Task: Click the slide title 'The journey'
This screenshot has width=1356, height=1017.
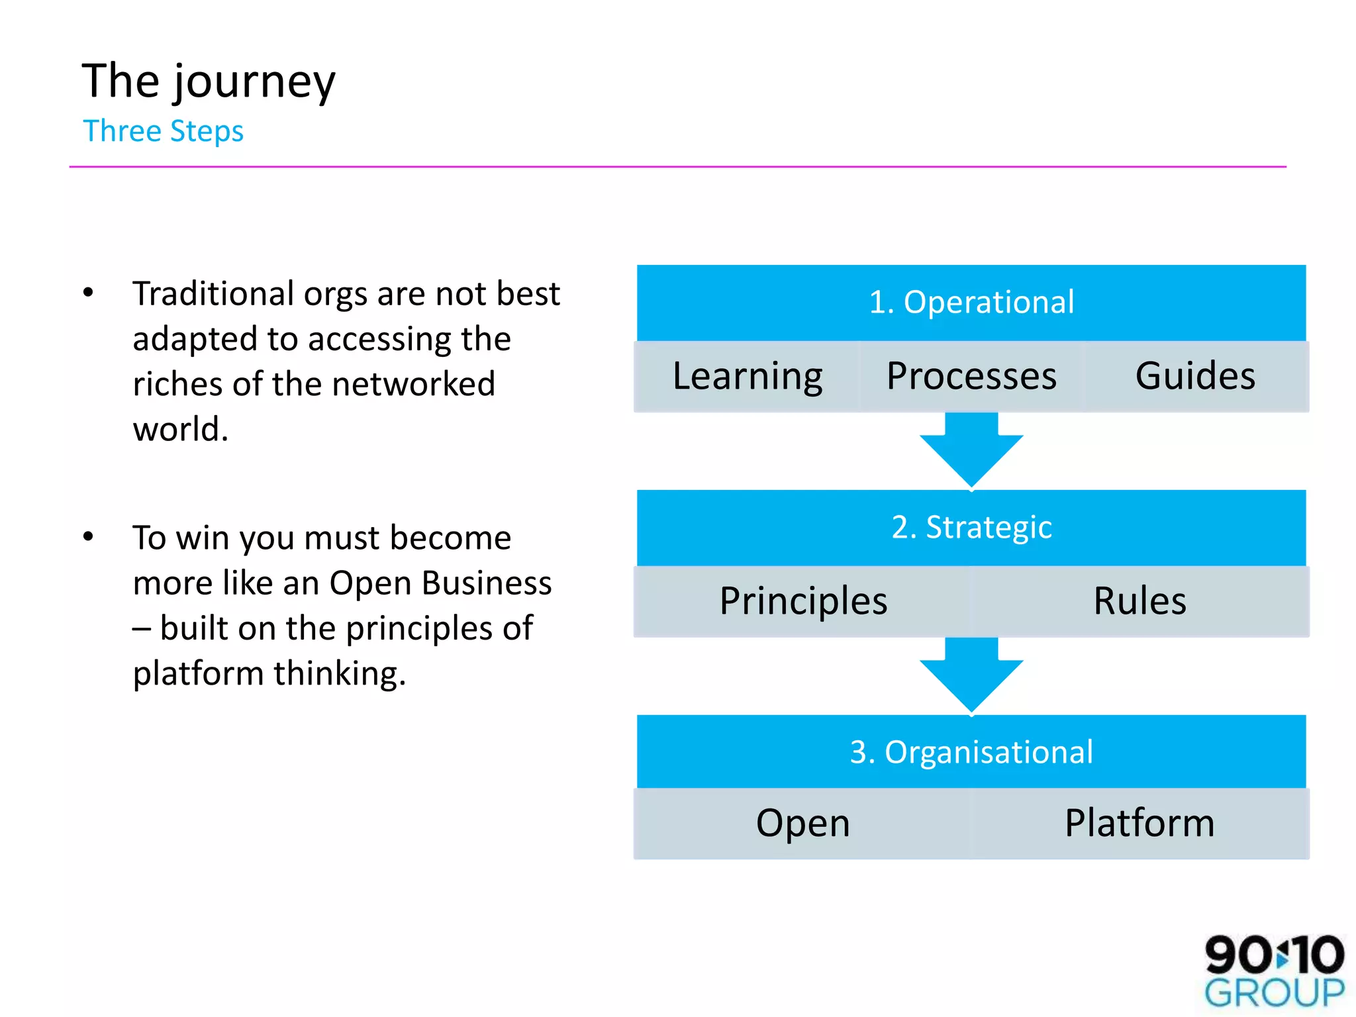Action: (209, 81)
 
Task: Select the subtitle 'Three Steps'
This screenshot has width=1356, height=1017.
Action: (163, 131)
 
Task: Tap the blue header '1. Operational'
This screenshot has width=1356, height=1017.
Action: (971, 303)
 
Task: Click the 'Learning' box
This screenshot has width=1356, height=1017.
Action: (747, 376)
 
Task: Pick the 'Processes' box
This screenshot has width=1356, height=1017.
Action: (971, 376)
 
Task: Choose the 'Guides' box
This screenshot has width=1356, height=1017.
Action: (1194, 376)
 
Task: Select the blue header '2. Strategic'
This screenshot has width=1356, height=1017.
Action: (971, 528)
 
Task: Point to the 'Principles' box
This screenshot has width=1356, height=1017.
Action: (802, 601)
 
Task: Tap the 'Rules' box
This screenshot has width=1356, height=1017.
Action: (1139, 601)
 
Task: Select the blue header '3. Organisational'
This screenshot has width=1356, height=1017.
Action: (971, 752)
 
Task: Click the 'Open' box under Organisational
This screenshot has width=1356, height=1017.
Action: (802, 823)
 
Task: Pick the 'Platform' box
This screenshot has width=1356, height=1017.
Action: (1139, 823)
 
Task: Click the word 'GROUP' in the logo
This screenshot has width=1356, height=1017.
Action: (1274, 993)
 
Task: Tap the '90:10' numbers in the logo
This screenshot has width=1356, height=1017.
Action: (1274, 954)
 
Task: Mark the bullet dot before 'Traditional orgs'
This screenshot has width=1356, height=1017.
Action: (88, 293)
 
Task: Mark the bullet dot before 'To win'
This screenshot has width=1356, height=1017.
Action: (88, 536)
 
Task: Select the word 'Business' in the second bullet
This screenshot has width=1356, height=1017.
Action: (487, 583)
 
